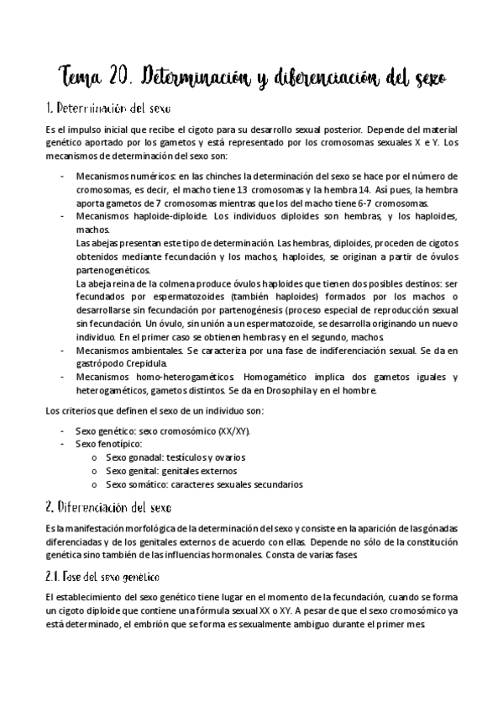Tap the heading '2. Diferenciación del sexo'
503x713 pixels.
click(107, 508)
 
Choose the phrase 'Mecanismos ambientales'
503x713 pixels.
click(127, 351)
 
